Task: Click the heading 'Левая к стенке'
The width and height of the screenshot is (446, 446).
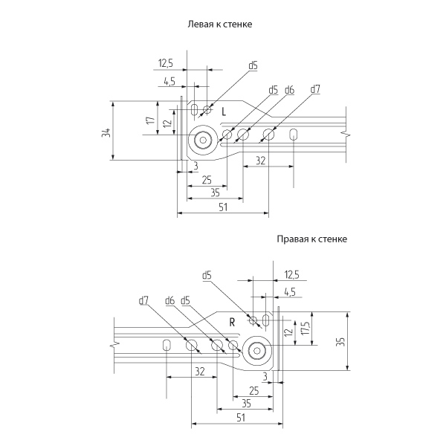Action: tap(222, 25)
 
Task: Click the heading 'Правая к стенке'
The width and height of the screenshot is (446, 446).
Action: tap(311, 239)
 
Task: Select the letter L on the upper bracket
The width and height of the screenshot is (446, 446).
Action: tap(224, 111)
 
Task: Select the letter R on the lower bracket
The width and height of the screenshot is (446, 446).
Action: tap(233, 322)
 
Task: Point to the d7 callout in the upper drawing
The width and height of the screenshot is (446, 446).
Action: tap(315, 89)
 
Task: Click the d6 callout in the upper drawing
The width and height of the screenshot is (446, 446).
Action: tap(289, 89)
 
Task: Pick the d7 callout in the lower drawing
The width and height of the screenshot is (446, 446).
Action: tap(143, 300)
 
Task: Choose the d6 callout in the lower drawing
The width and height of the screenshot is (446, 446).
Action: tap(169, 300)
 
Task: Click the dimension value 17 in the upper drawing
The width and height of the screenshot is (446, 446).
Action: tap(149, 120)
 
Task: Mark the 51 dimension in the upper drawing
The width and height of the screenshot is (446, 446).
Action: tap(223, 208)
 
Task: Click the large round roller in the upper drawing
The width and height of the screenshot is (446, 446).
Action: tap(201, 138)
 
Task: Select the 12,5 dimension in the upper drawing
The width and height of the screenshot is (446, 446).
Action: tap(166, 63)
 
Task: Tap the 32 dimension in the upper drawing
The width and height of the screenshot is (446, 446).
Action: tap(260, 161)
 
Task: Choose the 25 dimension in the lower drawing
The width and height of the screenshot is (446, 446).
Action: tap(254, 390)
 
